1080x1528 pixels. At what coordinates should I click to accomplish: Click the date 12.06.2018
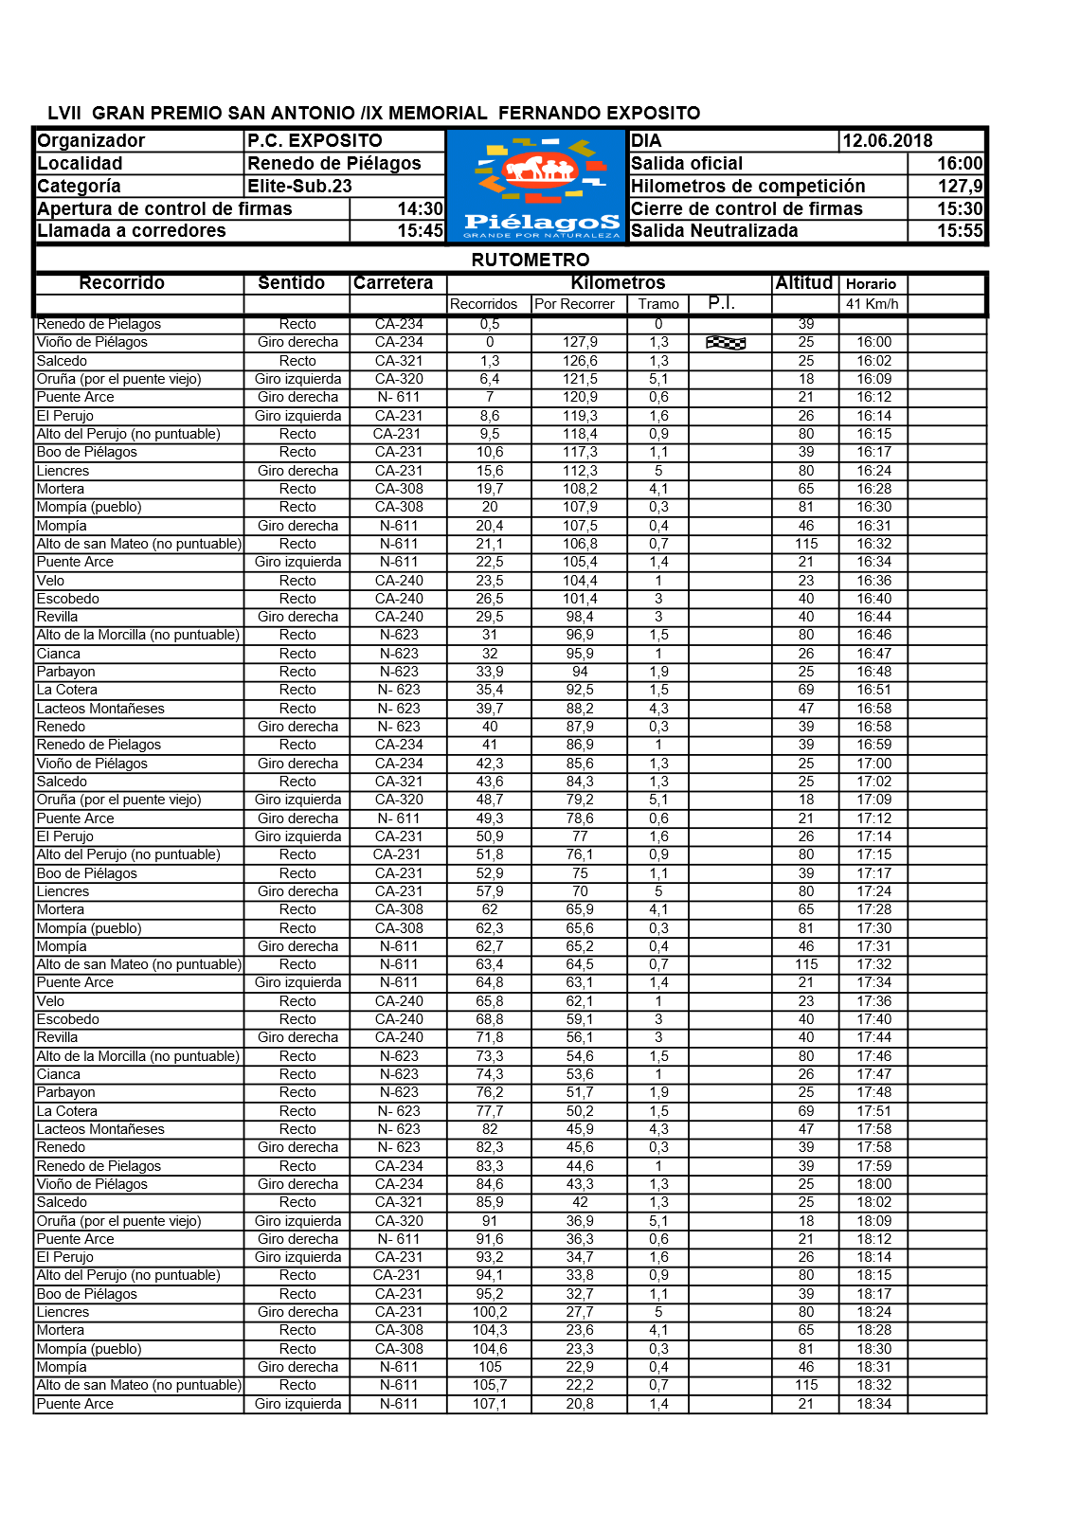(887, 141)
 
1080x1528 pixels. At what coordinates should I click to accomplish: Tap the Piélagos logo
(537, 186)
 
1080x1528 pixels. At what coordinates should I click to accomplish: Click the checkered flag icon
(726, 343)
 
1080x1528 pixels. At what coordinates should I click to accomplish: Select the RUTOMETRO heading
(530, 260)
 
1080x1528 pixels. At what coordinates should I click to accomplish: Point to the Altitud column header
(803, 282)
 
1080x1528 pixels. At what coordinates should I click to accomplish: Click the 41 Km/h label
(872, 304)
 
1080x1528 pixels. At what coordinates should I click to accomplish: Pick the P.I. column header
(721, 303)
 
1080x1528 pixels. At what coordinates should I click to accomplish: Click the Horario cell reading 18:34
(873, 1404)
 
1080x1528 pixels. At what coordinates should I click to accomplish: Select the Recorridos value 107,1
(489, 1404)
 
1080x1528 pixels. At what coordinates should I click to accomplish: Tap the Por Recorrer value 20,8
(580, 1404)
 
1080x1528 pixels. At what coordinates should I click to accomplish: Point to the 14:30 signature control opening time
(420, 209)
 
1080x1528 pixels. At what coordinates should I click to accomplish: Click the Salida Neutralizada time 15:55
(959, 231)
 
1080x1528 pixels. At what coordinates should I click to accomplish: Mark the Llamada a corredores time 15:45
(420, 231)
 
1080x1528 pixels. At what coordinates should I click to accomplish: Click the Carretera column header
(393, 283)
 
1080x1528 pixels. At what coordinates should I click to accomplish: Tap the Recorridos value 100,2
(490, 1312)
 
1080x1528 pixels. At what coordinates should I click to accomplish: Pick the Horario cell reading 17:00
(873, 764)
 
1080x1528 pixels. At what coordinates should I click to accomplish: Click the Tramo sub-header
(658, 304)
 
